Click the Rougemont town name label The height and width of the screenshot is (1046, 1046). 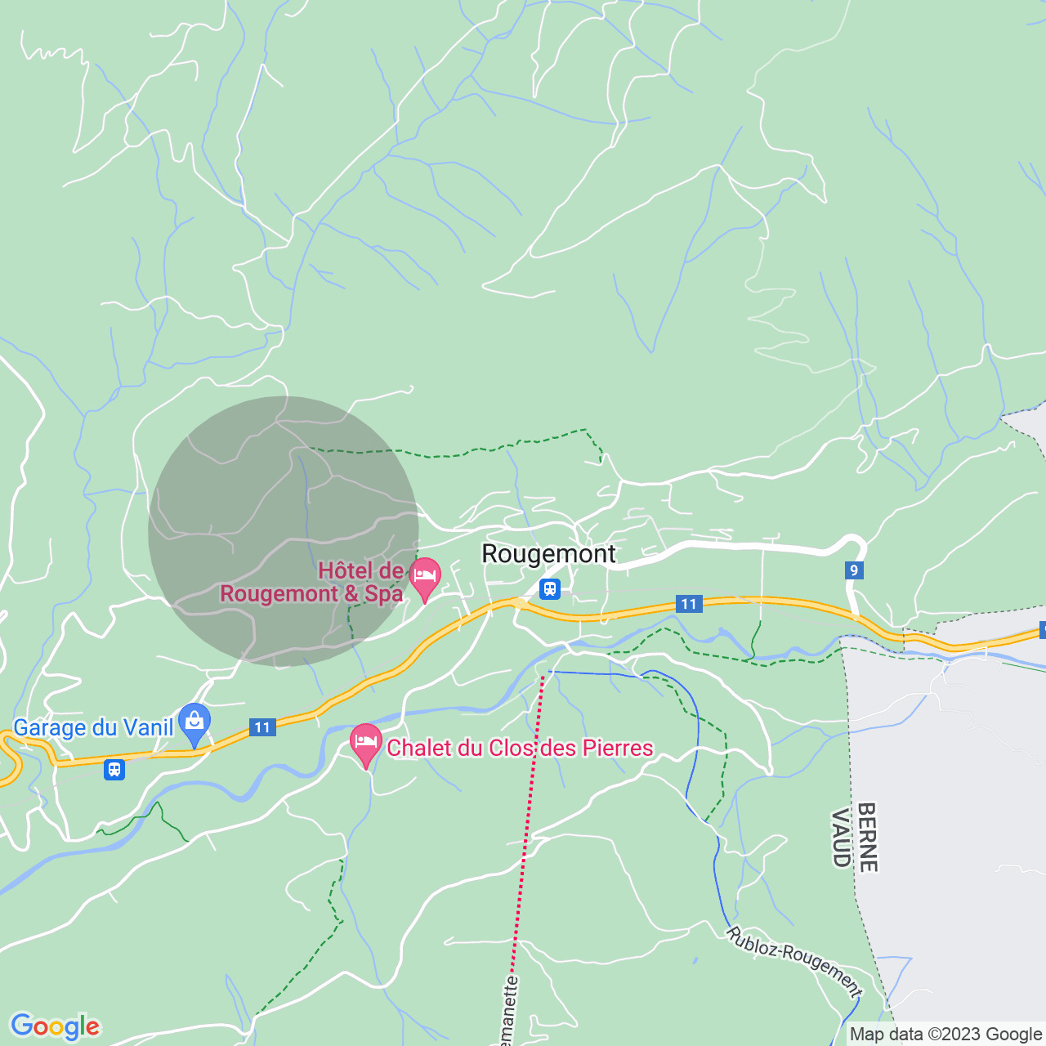548,554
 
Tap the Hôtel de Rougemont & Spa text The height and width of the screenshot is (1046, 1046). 312,582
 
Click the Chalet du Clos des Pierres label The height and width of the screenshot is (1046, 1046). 520,748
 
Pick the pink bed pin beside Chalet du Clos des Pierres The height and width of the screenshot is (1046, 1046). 366,744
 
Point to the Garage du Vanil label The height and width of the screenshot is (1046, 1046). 93,727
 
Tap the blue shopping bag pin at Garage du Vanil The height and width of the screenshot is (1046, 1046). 194,723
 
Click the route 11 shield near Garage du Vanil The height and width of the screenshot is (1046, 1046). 261,727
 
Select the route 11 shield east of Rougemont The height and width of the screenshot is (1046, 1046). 689,605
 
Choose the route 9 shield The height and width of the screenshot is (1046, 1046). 854,570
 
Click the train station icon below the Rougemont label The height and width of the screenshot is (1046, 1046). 550,588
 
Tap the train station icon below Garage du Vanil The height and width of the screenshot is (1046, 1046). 114,770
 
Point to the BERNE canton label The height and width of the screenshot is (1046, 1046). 867,838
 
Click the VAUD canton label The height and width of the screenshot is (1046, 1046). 841,838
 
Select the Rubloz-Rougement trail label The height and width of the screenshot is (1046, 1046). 794,962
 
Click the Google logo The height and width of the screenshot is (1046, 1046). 55,1026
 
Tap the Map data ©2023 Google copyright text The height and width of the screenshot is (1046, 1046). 945,1035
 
